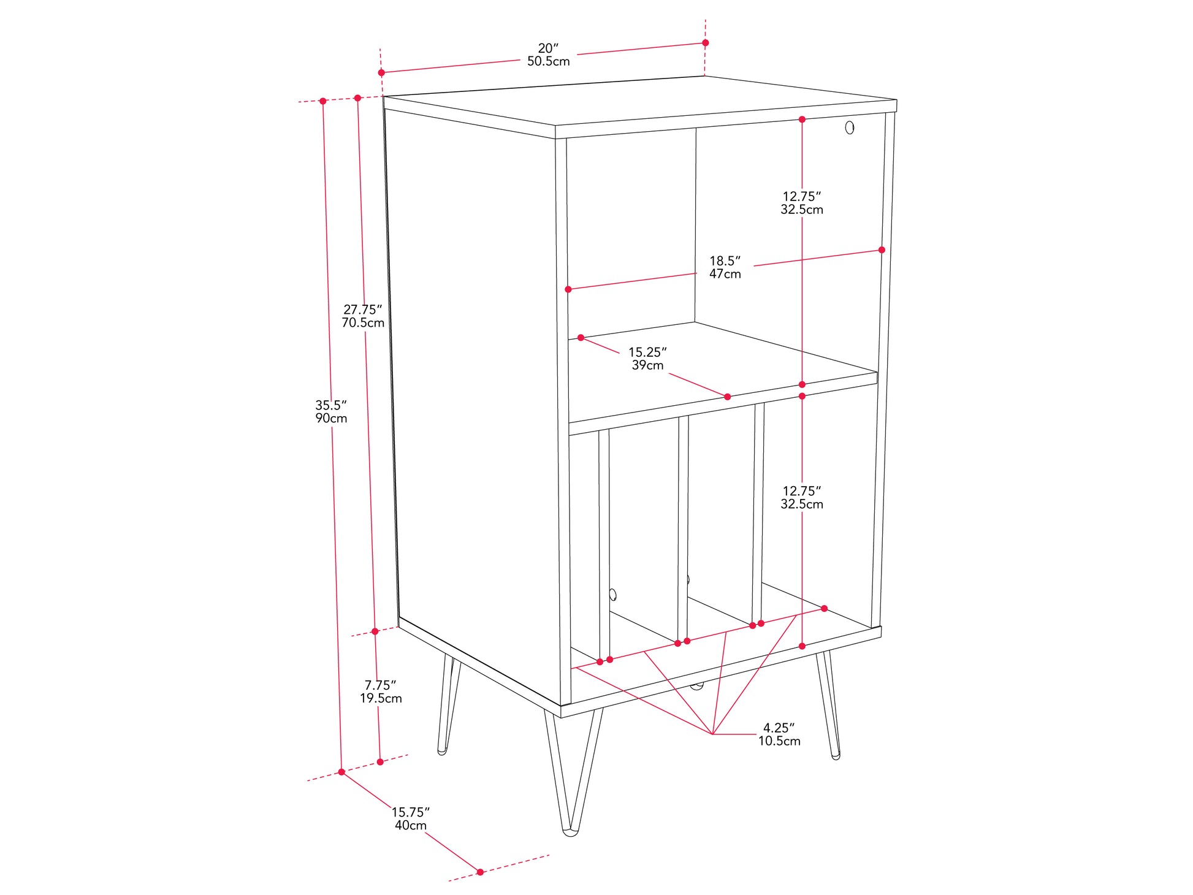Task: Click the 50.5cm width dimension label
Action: pos(548,61)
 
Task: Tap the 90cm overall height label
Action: pos(331,418)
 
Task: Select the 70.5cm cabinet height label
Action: pos(363,322)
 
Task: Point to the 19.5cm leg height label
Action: pos(381,698)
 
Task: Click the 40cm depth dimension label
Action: pos(411,825)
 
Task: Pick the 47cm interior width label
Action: pos(725,274)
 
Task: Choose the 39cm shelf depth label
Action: pos(648,365)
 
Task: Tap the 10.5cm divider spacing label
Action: pos(779,741)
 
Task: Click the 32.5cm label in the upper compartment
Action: pos(802,210)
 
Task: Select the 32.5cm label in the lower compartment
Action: pos(802,504)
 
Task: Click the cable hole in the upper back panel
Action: pos(850,128)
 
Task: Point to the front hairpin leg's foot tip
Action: pos(571,832)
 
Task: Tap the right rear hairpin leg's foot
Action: pos(835,756)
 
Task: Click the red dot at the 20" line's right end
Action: pos(706,43)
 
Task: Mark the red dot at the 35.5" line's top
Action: pos(322,101)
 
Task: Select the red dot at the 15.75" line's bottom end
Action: pos(480,872)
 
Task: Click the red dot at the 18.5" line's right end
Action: pos(882,250)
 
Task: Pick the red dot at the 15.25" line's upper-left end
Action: pos(581,338)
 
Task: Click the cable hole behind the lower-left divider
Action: pos(612,594)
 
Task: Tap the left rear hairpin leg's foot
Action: pos(442,751)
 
